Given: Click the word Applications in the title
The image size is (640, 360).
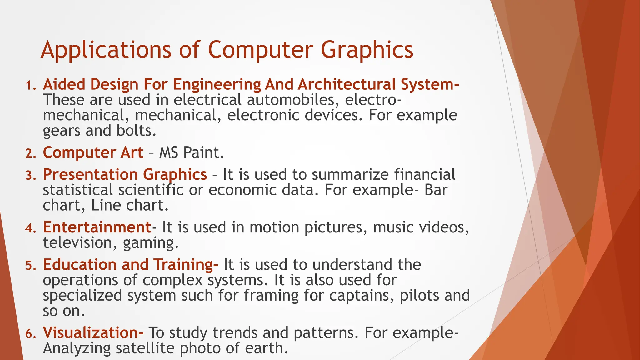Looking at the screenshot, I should pos(106,50).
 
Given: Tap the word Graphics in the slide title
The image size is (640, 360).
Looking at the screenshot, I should pos(367,50).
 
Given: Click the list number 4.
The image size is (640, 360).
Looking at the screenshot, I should pos(31,228).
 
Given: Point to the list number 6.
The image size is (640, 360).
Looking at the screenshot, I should pos(31,334).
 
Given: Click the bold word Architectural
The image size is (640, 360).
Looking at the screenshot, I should pos(347,84).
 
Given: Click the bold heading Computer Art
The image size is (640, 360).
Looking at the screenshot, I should pos(93,153).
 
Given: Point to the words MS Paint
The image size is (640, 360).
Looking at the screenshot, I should pos(192,153).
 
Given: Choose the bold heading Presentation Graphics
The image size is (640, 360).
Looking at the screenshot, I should pos(125,174).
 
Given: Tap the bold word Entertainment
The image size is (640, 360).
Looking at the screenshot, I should pos(97,227).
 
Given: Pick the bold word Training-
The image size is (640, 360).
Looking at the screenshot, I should pos(186,265).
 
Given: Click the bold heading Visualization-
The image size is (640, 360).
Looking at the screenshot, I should pos(93,333).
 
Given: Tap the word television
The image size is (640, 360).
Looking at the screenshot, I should pos(78,243).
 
